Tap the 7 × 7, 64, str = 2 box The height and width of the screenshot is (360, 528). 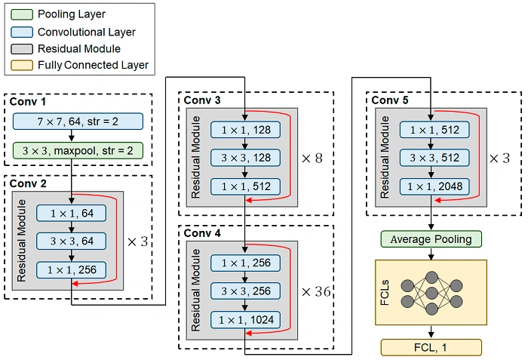77,122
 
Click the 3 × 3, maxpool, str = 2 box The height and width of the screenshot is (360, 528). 77,150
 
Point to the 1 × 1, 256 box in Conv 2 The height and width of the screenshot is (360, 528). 71,269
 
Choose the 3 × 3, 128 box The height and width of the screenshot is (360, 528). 246,158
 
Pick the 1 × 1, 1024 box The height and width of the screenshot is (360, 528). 246,319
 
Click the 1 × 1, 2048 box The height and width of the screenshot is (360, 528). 431,186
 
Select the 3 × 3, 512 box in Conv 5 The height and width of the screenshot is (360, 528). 431,158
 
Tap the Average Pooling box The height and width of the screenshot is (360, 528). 431,239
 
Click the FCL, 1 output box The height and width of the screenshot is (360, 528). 431,347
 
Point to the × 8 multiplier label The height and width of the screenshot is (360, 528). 312,159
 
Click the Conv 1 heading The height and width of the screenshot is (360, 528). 28,102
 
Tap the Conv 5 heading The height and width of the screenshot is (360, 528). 389,100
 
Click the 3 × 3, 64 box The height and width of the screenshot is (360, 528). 71,242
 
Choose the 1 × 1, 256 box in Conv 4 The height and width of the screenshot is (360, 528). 246,263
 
